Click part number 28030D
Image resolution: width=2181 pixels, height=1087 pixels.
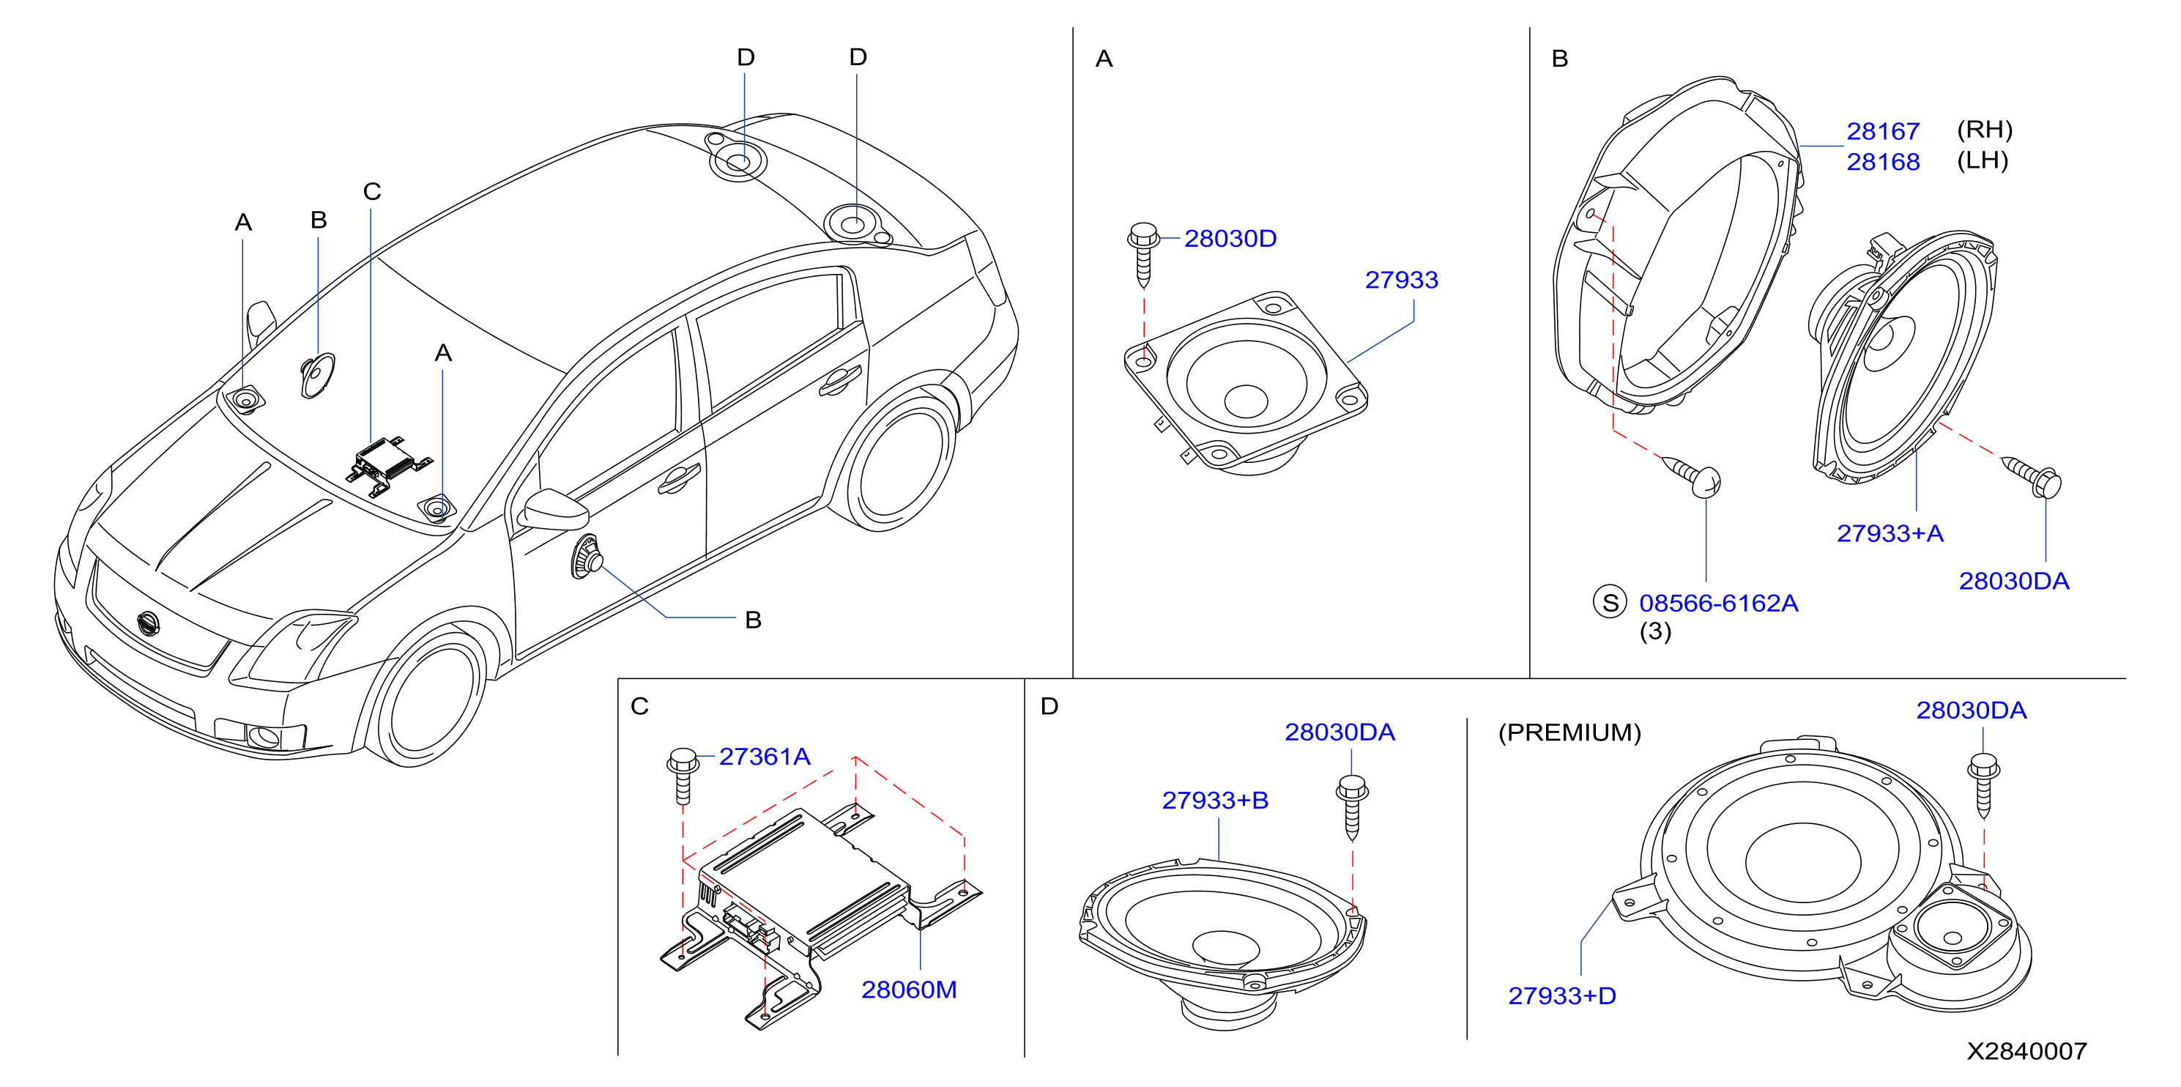tap(1230, 239)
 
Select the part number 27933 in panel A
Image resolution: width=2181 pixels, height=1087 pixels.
tap(1401, 281)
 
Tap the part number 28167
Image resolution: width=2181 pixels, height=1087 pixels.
tap(1883, 131)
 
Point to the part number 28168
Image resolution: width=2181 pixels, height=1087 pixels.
tap(1883, 162)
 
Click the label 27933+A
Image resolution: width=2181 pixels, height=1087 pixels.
tap(1890, 533)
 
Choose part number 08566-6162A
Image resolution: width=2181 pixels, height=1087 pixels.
tap(1719, 603)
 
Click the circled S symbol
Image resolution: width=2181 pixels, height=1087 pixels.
tap(1610, 602)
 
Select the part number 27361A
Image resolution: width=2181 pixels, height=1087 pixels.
tap(765, 757)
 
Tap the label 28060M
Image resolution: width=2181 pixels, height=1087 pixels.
tap(908, 990)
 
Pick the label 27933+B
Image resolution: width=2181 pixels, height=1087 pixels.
tap(1215, 800)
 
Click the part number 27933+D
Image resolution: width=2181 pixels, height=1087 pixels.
tap(1562, 995)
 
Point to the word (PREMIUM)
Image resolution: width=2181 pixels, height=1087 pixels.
tap(1569, 732)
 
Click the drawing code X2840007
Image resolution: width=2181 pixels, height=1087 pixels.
tap(2026, 1051)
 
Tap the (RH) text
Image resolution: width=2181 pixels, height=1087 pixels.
tap(1985, 130)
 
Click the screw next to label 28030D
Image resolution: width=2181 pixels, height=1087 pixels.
tap(1143, 255)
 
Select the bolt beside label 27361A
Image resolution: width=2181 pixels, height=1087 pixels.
tap(683, 776)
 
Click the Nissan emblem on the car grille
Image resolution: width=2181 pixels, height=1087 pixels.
tap(147, 623)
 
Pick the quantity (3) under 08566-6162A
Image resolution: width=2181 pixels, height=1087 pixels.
tap(1655, 631)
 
